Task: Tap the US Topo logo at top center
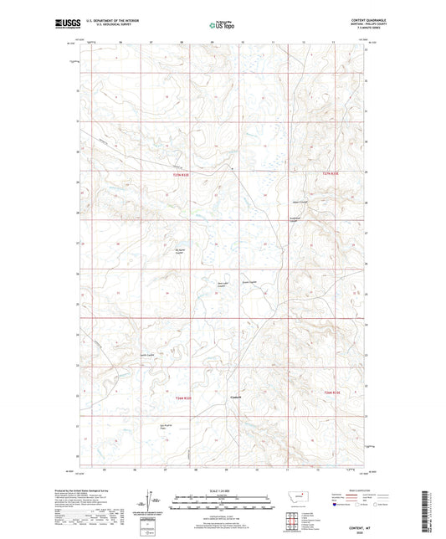(222, 25)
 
